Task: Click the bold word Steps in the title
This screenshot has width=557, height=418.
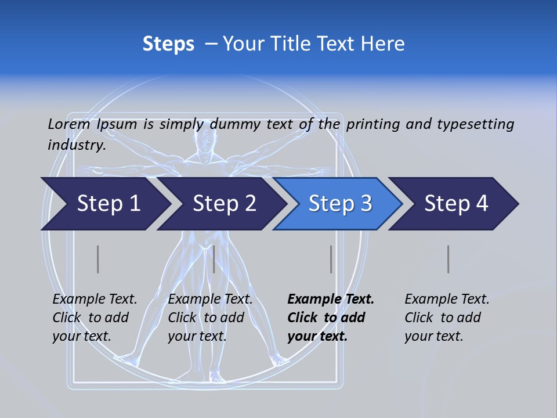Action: [x=168, y=44]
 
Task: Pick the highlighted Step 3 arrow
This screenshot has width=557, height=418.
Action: [x=340, y=204]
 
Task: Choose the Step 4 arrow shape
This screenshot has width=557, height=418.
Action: [x=456, y=204]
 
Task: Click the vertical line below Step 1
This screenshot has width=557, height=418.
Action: [x=98, y=259]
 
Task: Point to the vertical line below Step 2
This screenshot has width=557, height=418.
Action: [x=214, y=259]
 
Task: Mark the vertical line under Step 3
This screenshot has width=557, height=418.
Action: [x=331, y=259]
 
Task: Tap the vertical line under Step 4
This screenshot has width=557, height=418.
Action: [x=449, y=259]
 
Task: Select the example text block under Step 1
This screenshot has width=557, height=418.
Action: [x=95, y=318]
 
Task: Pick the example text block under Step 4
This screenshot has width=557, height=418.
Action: [x=447, y=318]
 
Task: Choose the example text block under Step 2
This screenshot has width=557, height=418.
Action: [x=210, y=318]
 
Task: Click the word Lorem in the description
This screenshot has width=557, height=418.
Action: [x=68, y=124]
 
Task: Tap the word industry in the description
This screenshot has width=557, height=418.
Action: [x=76, y=145]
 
